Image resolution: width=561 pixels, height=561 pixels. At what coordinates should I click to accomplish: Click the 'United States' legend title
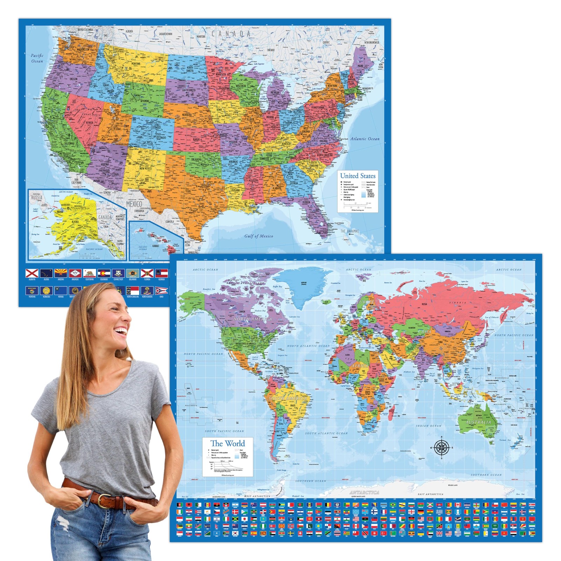pos(358,176)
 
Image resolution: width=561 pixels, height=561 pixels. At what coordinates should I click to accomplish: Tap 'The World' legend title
pos(228,444)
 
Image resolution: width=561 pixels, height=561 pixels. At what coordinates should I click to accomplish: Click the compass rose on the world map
pos(441,447)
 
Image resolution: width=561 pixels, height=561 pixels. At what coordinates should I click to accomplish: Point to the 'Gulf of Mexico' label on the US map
pos(258,236)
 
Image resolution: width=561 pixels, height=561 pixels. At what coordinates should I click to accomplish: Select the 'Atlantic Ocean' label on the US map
pos(365,139)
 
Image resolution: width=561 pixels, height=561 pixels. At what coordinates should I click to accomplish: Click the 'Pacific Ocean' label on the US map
pos(37,58)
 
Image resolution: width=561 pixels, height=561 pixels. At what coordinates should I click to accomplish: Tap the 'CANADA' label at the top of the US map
pos(231,34)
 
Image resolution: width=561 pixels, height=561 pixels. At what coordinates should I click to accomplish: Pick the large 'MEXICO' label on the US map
pos(134,204)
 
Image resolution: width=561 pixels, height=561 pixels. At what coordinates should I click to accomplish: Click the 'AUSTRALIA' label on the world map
pos(478,422)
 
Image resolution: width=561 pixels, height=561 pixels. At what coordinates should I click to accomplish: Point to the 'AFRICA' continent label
pos(360,366)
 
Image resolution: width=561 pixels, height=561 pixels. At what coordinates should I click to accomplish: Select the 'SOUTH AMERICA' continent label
pos(288,398)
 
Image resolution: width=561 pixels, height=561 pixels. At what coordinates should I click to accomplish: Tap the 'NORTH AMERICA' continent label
pos(252,319)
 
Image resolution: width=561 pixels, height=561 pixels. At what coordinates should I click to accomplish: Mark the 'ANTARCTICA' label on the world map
pos(364,492)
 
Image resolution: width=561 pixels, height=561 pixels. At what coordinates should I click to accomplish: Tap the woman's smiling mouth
pos(122,331)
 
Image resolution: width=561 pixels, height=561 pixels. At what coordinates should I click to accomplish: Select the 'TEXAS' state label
pos(188,191)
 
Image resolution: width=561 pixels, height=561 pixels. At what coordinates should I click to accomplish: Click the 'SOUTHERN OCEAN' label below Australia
pos(486,475)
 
